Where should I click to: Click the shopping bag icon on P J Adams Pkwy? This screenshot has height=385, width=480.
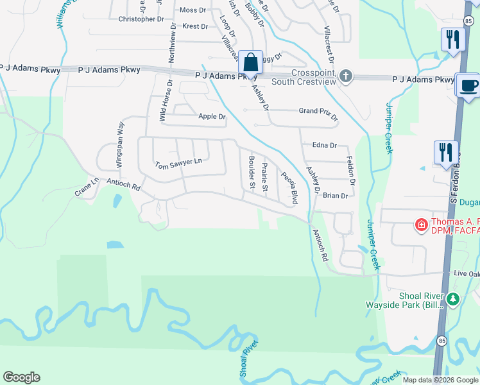tap(251, 64)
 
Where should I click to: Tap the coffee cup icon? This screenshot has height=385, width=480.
tap(468, 85)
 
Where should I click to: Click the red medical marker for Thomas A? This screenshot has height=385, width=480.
tap(421, 225)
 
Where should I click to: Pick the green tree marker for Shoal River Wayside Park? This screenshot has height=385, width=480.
tap(453, 299)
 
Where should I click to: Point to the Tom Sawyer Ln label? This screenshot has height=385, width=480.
tap(178, 164)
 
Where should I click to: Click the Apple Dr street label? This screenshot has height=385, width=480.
tap(212, 117)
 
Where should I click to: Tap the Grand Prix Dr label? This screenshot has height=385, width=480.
tap(318, 111)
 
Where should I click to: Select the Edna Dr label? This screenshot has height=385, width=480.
tap(324, 146)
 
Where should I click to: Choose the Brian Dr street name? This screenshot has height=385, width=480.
tap(335, 196)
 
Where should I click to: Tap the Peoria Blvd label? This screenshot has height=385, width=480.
tap(289, 187)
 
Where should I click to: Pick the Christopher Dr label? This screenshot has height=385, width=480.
tap(141, 19)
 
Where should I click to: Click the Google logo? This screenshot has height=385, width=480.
tap(21, 377)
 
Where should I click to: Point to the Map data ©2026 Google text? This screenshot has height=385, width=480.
tap(440, 380)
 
